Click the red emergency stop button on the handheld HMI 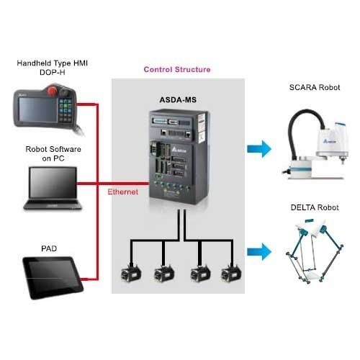coord(52,91)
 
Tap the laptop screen coord(53,182)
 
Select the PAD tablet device coord(53,277)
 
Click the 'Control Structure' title coord(177,70)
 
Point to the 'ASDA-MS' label coord(178,100)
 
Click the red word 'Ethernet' coord(122,192)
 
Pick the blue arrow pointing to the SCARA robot coord(259,149)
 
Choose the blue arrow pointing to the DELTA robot coord(259,252)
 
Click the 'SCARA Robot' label coord(315,87)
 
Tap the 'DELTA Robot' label coord(315,207)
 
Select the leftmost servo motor coord(131,273)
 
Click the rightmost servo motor coord(231,273)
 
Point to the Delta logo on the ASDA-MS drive coord(179,150)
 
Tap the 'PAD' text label coord(49,248)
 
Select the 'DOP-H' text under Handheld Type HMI coord(53,72)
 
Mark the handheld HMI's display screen coord(38,109)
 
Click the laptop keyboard coord(53,203)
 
